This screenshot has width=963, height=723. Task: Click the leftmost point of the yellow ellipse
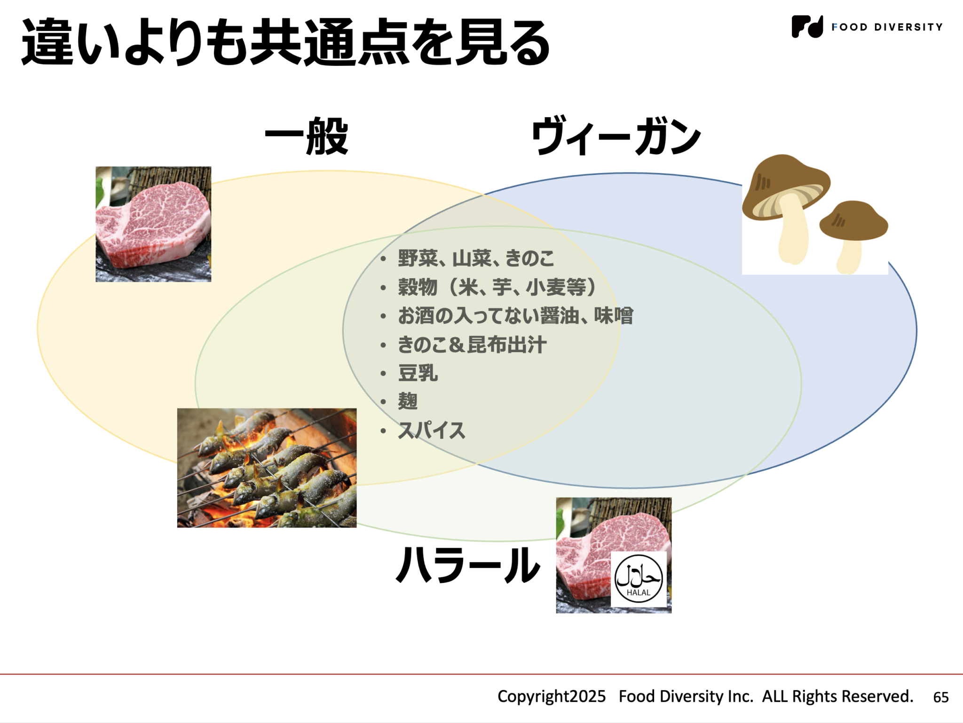pos(38,328)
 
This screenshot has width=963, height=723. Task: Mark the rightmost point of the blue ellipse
pos(916,330)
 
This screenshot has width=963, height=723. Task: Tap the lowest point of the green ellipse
pos(498,541)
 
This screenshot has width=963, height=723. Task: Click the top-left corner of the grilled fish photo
pos(177,409)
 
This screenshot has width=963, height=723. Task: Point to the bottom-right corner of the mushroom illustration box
pos(888,275)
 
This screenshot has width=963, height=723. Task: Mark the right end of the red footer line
pos(963,674)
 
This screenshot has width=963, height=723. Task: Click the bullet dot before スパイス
pos(384,431)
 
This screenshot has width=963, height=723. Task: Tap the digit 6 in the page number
pos(937,697)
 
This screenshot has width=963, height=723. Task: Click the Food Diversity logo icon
pos(807,26)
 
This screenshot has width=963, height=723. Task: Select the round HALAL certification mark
pos(639,579)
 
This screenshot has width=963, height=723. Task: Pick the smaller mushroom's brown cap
pos(853,220)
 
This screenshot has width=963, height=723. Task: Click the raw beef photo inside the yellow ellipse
pos(153,224)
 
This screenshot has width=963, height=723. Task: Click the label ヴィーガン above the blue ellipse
pos(616,136)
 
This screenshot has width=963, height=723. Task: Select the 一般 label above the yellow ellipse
pos(307,136)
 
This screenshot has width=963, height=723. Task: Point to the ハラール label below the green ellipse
pos(468,565)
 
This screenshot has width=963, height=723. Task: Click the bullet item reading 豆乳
pos(418,373)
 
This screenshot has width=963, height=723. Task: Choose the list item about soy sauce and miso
pos(515,316)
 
